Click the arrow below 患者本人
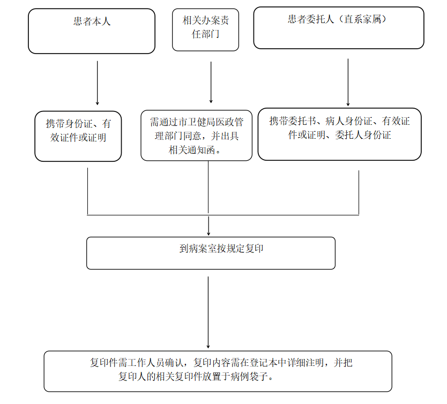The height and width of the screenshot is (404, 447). pos(97,83)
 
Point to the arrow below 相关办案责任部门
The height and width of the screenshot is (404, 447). pos(211,83)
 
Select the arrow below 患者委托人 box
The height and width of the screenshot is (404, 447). pos(348,83)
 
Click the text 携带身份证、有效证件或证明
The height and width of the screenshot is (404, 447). pos(78,131)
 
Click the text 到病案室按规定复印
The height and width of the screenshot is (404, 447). pos(221,249)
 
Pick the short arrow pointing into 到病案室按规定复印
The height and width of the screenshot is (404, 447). pos(208,226)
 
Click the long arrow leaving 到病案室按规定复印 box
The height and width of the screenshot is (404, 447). pos(208,312)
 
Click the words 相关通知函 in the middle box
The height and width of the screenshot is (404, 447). pos(191,149)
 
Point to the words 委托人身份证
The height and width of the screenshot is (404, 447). pos(363,135)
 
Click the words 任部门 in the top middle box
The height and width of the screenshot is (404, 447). pos(205,34)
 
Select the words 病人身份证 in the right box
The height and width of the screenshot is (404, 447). pos(349,121)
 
